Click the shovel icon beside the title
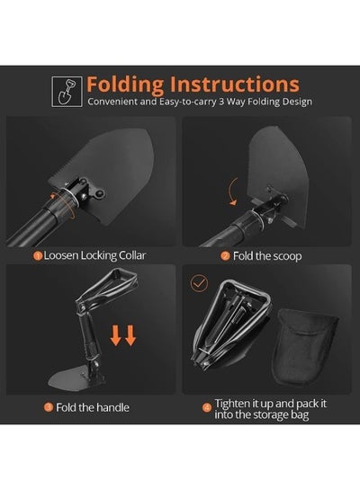[x=67, y=92]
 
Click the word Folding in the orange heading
[x=125, y=85]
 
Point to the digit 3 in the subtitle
[x=220, y=102]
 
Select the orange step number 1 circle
[x=38, y=256]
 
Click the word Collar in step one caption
[x=132, y=255]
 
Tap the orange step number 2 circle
[x=225, y=256]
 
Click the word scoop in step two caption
[x=285, y=256]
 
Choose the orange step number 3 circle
[x=49, y=407]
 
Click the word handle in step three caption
[x=112, y=407]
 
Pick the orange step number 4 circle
[x=207, y=408]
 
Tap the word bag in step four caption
[x=300, y=415]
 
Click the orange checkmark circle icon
[x=199, y=283]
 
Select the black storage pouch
[x=304, y=347]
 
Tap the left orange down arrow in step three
[x=116, y=335]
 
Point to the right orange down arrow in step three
[x=130, y=335]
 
